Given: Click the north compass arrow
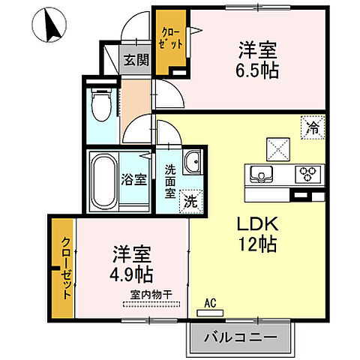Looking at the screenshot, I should tap(50, 26).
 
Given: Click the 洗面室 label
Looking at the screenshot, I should tap(170, 180).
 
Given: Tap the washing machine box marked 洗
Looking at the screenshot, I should tap(192, 201).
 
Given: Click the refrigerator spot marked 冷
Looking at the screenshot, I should tap(311, 127).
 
